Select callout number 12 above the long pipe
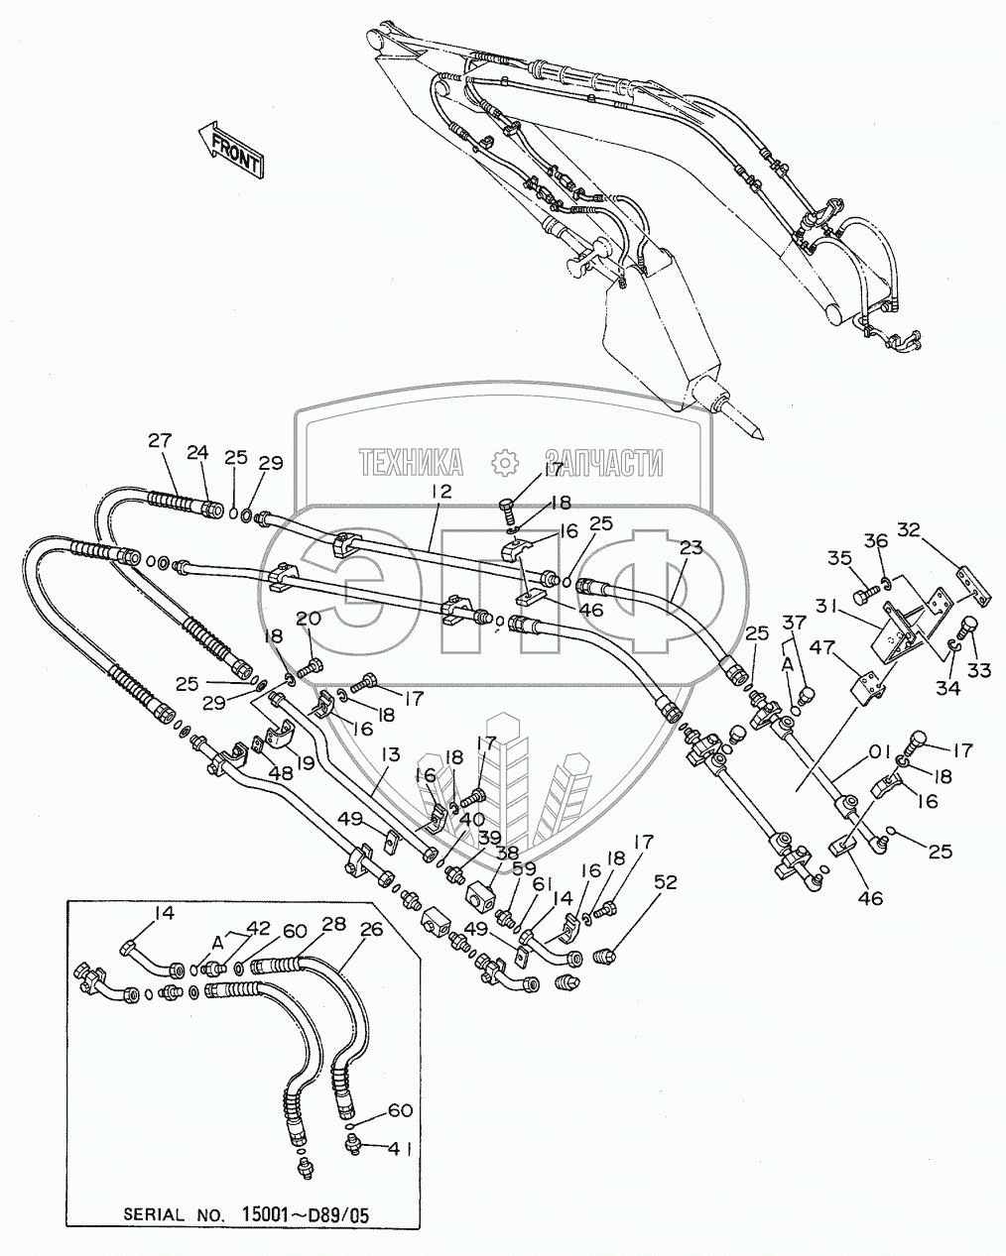coord(441,491)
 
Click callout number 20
coord(309,619)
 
